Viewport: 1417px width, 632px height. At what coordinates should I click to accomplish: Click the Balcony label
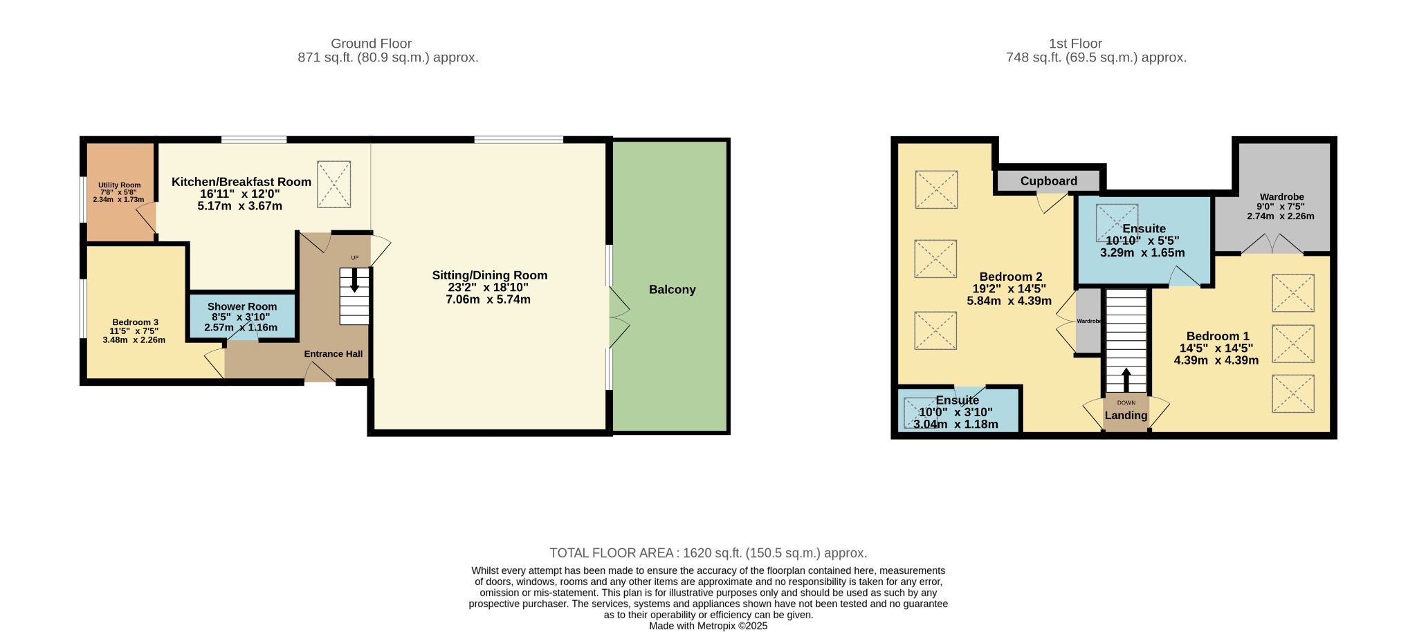[x=672, y=290]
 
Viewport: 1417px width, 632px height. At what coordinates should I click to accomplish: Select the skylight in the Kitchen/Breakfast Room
[x=333, y=184]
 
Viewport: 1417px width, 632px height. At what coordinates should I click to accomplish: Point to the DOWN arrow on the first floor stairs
[x=1126, y=380]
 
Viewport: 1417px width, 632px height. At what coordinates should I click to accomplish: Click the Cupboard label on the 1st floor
[x=1048, y=181]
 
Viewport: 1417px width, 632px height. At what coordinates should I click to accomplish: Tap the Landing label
[x=1126, y=416]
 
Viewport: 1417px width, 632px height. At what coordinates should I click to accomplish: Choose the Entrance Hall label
[x=333, y=354]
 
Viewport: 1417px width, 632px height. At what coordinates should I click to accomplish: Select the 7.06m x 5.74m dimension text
[x=488, y=299]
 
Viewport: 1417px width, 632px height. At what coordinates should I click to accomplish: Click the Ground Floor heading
[x=371, y=44]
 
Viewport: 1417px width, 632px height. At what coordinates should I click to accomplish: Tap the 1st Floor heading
[x=1075, y=44]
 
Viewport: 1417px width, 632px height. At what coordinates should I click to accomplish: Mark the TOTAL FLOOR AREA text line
[x=708, y=553]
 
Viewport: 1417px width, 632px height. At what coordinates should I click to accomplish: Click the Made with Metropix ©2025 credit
[x=708, y=626]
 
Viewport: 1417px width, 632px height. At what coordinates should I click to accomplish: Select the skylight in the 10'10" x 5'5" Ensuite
[x=1117, y=223]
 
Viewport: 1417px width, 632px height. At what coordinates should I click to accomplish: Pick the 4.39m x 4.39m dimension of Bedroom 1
[x=1216, y=360]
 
